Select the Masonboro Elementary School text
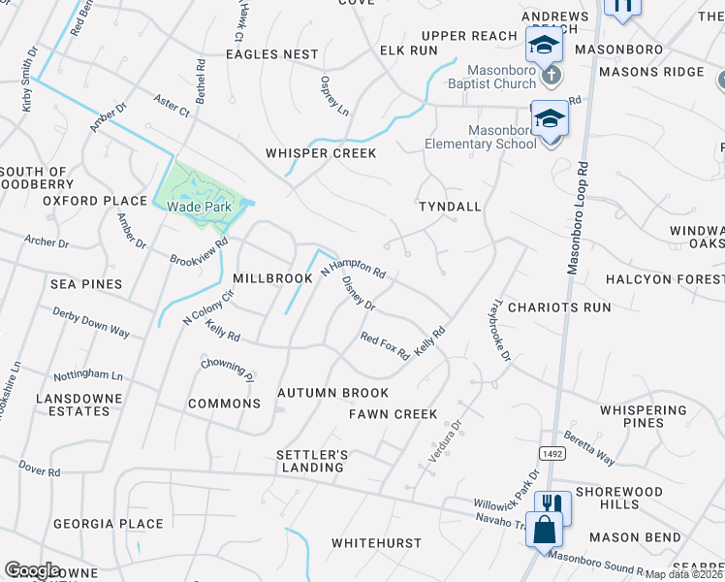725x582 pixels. click(481, 137)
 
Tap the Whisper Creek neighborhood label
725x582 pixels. click(321, 153)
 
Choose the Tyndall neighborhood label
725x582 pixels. click(449, 208)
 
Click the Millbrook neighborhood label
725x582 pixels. click(272, 278)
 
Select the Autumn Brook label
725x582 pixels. click(332, 393)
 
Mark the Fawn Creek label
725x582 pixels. click(394, 414)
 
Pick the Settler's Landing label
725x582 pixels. click(310, 461)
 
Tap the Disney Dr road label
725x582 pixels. click(359, 294)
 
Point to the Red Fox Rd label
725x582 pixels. click(385, 345)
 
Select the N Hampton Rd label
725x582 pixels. click(354, 268)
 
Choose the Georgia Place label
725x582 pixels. click(94, 524)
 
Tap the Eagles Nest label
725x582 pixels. click(271, 54)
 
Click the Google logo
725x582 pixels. click(32, 570)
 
